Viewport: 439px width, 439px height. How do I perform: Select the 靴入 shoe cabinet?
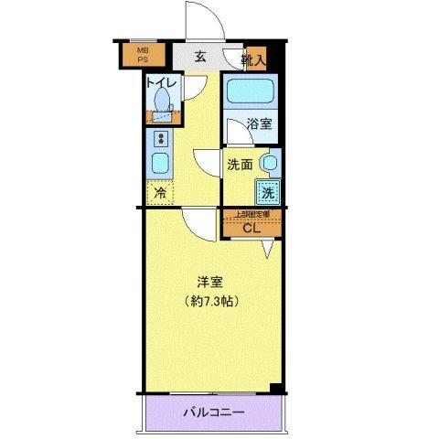[x=253, y=59]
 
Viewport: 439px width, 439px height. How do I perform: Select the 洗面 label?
[x=240, y=166]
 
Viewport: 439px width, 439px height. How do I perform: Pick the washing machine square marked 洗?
[x=267, y=193]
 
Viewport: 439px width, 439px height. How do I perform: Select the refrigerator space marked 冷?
[x=160, y=194]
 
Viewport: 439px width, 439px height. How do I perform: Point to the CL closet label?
[x=252, y=229]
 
